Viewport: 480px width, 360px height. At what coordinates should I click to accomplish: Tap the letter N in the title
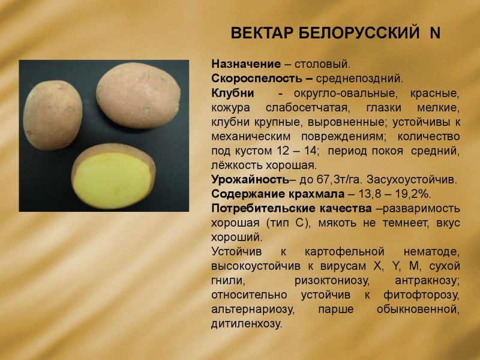pos(434,33)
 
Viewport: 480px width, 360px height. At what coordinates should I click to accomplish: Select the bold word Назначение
pos(246,64)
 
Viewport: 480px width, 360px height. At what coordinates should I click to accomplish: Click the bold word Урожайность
pos(250,179)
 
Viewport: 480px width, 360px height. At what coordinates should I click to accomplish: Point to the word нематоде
pos(431,252)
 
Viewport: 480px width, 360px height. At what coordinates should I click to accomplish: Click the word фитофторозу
pos(422,295)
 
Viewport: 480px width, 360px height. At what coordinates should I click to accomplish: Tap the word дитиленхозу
pos(247,324)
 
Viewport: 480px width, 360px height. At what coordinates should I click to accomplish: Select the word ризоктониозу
pos(332,281)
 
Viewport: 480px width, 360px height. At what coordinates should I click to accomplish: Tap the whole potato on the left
pos(53,115)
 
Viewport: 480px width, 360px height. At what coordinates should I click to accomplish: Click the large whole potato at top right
pos(139,95)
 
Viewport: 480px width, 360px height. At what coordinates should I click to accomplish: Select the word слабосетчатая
pos(307,108)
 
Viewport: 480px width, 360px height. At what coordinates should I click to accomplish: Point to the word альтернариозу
pos(253,310)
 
